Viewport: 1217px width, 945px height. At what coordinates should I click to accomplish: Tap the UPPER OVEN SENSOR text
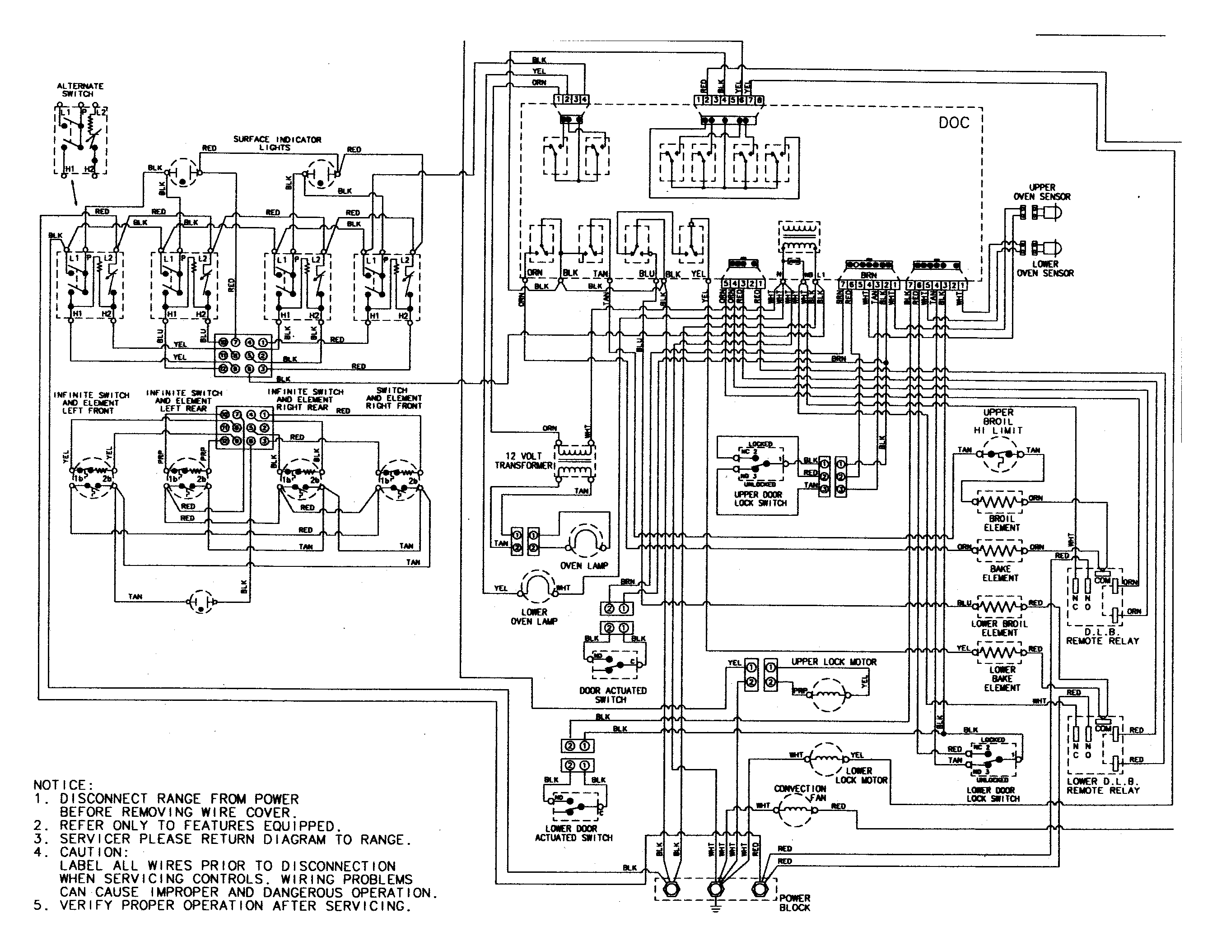1041,192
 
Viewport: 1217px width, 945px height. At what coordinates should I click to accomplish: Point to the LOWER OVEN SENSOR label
1045,269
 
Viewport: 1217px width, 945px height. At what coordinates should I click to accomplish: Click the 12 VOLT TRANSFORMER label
523,460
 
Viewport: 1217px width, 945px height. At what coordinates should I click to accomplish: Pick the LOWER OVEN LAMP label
534,616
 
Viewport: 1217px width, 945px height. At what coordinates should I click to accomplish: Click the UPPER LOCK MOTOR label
834,662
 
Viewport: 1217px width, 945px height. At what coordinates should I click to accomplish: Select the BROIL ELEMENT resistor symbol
1001,502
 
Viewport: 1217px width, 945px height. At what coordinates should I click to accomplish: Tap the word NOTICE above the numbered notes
60,785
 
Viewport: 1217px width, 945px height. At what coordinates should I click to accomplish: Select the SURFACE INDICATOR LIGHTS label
277,143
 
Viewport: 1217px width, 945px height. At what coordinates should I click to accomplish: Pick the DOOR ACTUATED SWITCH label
612,695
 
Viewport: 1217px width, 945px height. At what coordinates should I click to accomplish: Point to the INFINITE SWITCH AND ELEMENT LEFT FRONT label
91,403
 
